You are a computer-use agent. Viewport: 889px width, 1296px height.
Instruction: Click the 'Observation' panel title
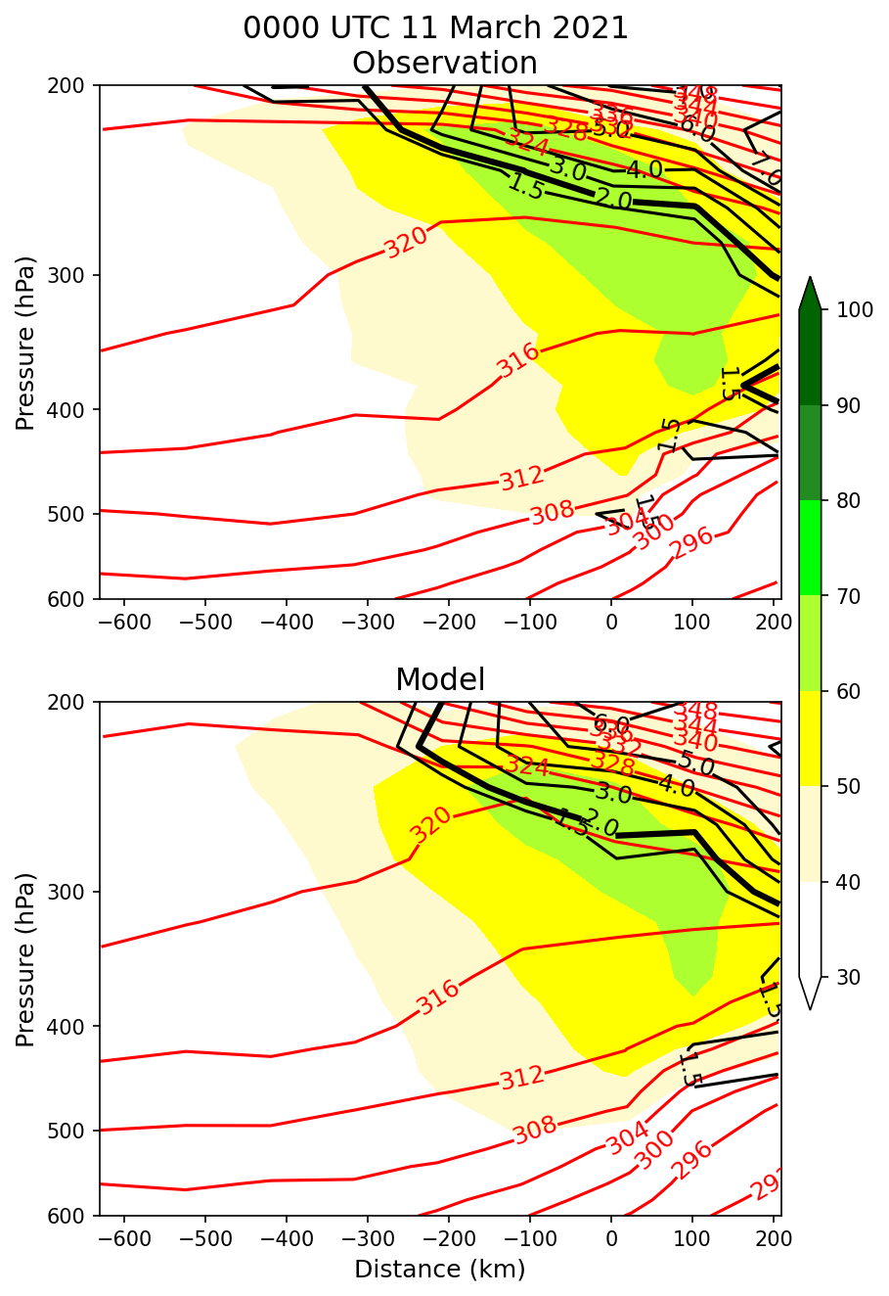tap(444, 63)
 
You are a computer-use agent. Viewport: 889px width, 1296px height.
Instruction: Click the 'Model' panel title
tap(440, 679)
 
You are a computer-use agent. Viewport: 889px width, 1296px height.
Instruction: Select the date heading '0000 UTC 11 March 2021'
tap(435, 28)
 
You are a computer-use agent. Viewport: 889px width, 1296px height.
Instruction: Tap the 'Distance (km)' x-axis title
tap(439, 1270)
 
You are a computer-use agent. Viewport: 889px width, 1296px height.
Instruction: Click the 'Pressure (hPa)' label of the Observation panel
tap(25, 343)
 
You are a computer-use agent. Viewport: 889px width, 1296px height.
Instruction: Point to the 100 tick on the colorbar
tap(840, 310)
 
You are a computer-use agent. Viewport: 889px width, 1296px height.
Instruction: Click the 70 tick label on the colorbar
tap(840, 596)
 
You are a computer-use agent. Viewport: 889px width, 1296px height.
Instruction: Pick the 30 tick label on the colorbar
tap(840, 977)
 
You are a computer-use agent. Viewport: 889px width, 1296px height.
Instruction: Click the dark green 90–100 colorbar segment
tap(810, 357)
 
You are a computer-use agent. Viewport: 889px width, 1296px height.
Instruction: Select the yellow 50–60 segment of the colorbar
tap(810, 738)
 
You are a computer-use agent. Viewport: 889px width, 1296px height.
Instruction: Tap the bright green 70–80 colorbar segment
tap(810, 548)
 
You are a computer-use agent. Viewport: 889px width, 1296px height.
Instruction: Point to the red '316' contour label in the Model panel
tap(437, 997)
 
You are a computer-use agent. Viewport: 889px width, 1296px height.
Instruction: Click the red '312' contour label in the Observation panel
tap(521, 479)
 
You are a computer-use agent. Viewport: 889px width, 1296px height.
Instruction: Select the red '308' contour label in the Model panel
tap(534, 1129)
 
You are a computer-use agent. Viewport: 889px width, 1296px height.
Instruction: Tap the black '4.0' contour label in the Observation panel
tap(644, 169)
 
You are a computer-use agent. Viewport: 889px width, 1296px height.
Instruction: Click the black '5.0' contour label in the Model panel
tap(695, 764)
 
